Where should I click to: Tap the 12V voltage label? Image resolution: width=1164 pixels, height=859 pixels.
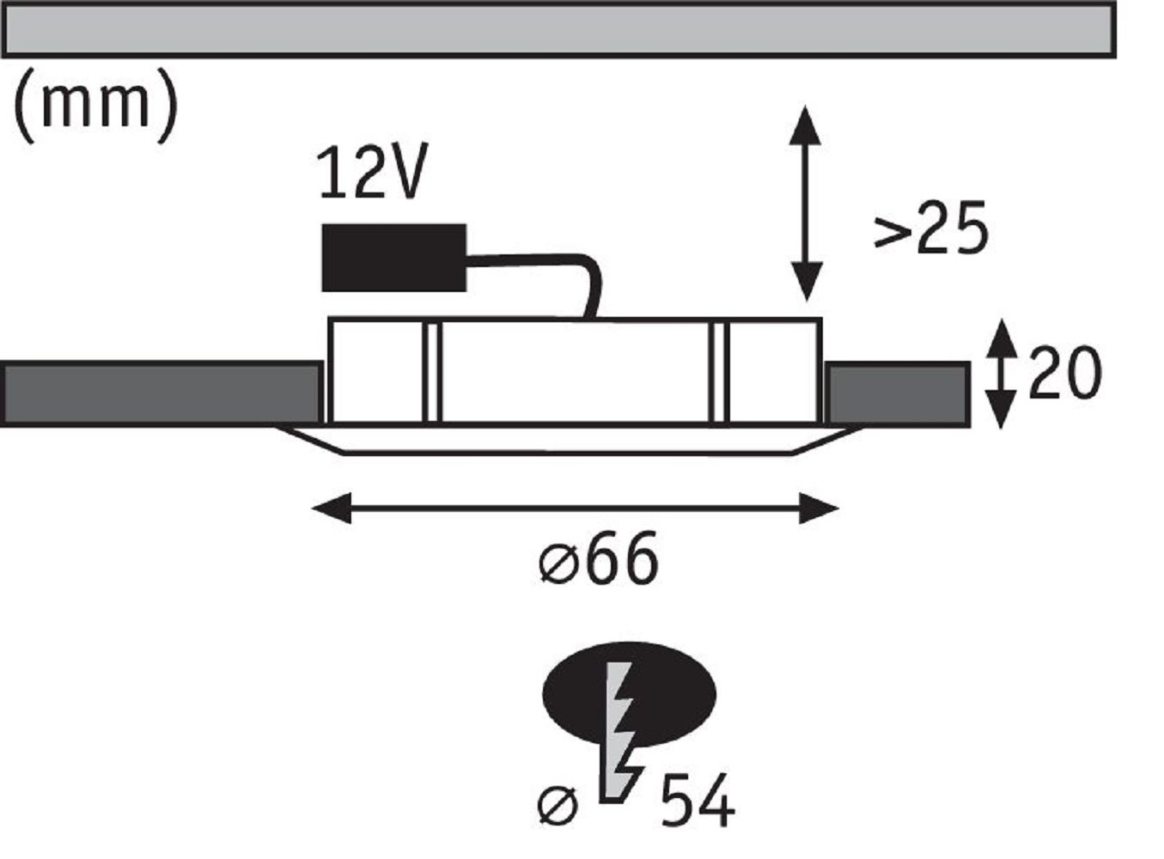click(370, 174)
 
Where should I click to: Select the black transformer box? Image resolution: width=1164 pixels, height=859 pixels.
click(393, 258)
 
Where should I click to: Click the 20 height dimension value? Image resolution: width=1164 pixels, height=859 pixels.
click(1064, 374)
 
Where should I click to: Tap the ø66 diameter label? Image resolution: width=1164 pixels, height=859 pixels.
click(599, 559)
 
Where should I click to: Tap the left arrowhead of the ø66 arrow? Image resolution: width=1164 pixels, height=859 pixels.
click(332, 508)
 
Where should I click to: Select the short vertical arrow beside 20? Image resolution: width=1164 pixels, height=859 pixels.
click(1000, 374)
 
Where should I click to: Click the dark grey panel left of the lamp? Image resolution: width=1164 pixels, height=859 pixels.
click(161, 394)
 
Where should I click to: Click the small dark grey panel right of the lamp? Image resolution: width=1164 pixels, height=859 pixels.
click(897, 394)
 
